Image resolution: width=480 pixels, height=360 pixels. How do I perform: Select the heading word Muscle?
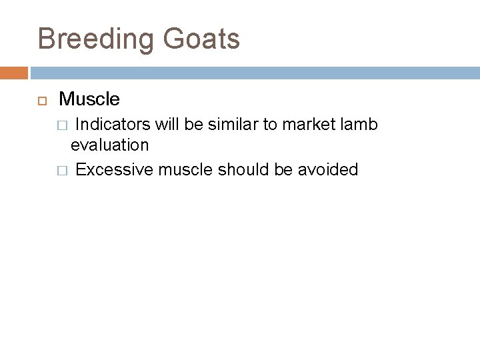(x=89, y=100)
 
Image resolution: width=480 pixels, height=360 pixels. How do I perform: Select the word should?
(x=239, y=169)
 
